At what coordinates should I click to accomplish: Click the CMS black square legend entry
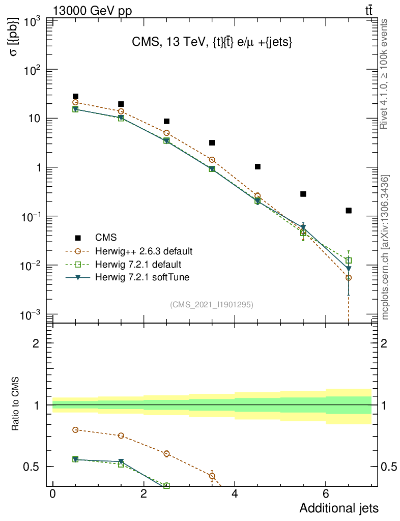pyautogui.click(x=78, y=238)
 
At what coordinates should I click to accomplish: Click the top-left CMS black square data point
pyautogui.click(x=75, y=96)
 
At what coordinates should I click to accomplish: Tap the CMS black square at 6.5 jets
pyautogui.click(x=349, y=210)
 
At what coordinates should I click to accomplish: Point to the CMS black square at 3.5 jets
pyautogui.click(x=212, y=142)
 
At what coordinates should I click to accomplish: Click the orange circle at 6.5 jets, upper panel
pyautogui.click(x=349, y=278)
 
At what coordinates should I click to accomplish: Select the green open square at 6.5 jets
pyautogui.click(x=349, y=260)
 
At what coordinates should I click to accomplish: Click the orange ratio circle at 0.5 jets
pyautogui.click(x=75, y=429)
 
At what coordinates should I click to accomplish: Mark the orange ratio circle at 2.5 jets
pyautogui.click(x=166, y=453)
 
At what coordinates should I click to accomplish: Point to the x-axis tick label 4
pyautogui.click(x=235, y=495)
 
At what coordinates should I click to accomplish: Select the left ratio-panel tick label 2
pyautogui.click(x=36, y=343)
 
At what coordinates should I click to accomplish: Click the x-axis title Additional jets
pyautogui.click(x=338, y=508)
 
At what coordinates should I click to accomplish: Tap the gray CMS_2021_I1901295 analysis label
pyautogui.click(x=212, y=304)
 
